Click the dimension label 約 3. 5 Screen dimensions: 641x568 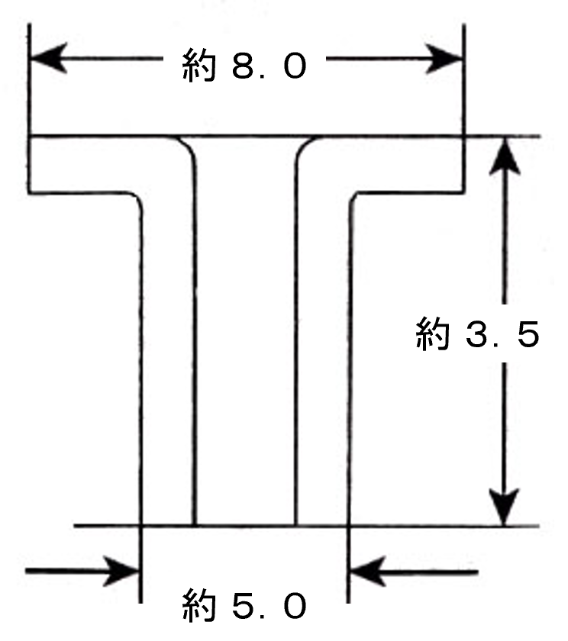478,335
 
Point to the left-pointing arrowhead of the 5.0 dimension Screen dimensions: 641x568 366,570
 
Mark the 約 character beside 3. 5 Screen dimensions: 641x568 432,335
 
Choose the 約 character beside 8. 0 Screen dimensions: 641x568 199,65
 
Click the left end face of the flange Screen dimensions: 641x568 29,164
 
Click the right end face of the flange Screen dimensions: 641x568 463,164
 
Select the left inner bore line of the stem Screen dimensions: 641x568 195,343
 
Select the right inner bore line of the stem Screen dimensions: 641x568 296,343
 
